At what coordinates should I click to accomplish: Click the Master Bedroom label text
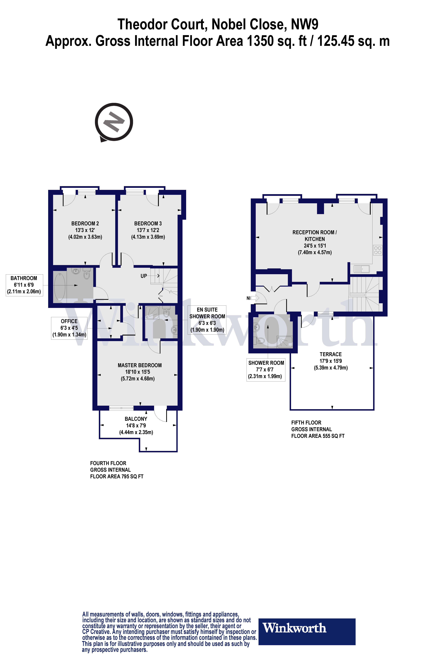coord(139,365)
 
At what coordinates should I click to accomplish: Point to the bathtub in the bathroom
coord(60,286)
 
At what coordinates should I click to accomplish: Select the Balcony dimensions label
coord(136,425)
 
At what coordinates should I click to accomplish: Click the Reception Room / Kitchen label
coord(315,242)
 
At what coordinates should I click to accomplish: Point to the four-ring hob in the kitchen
coord(378,250)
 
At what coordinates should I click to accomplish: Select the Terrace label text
coord(331,354)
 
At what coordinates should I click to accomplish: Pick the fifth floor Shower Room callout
coord(266,370)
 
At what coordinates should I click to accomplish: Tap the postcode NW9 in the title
coord(304,24)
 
